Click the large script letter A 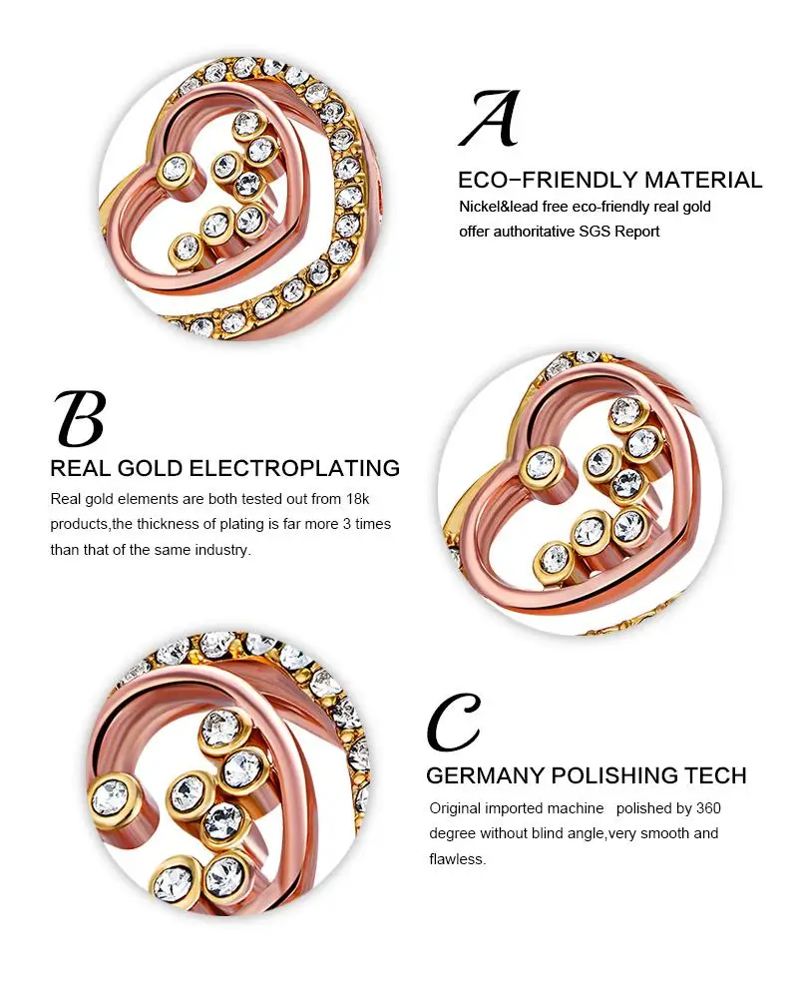pos(490,119)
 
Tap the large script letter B pos(80,419)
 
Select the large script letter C pos(454,723)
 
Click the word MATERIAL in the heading pos(703,180)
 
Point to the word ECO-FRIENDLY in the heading pos(548,180)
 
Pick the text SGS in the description pos(595,232)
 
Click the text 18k pos(358,499)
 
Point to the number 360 pos(708,808)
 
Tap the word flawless pos(457,859)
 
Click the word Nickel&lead pos(499,207)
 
